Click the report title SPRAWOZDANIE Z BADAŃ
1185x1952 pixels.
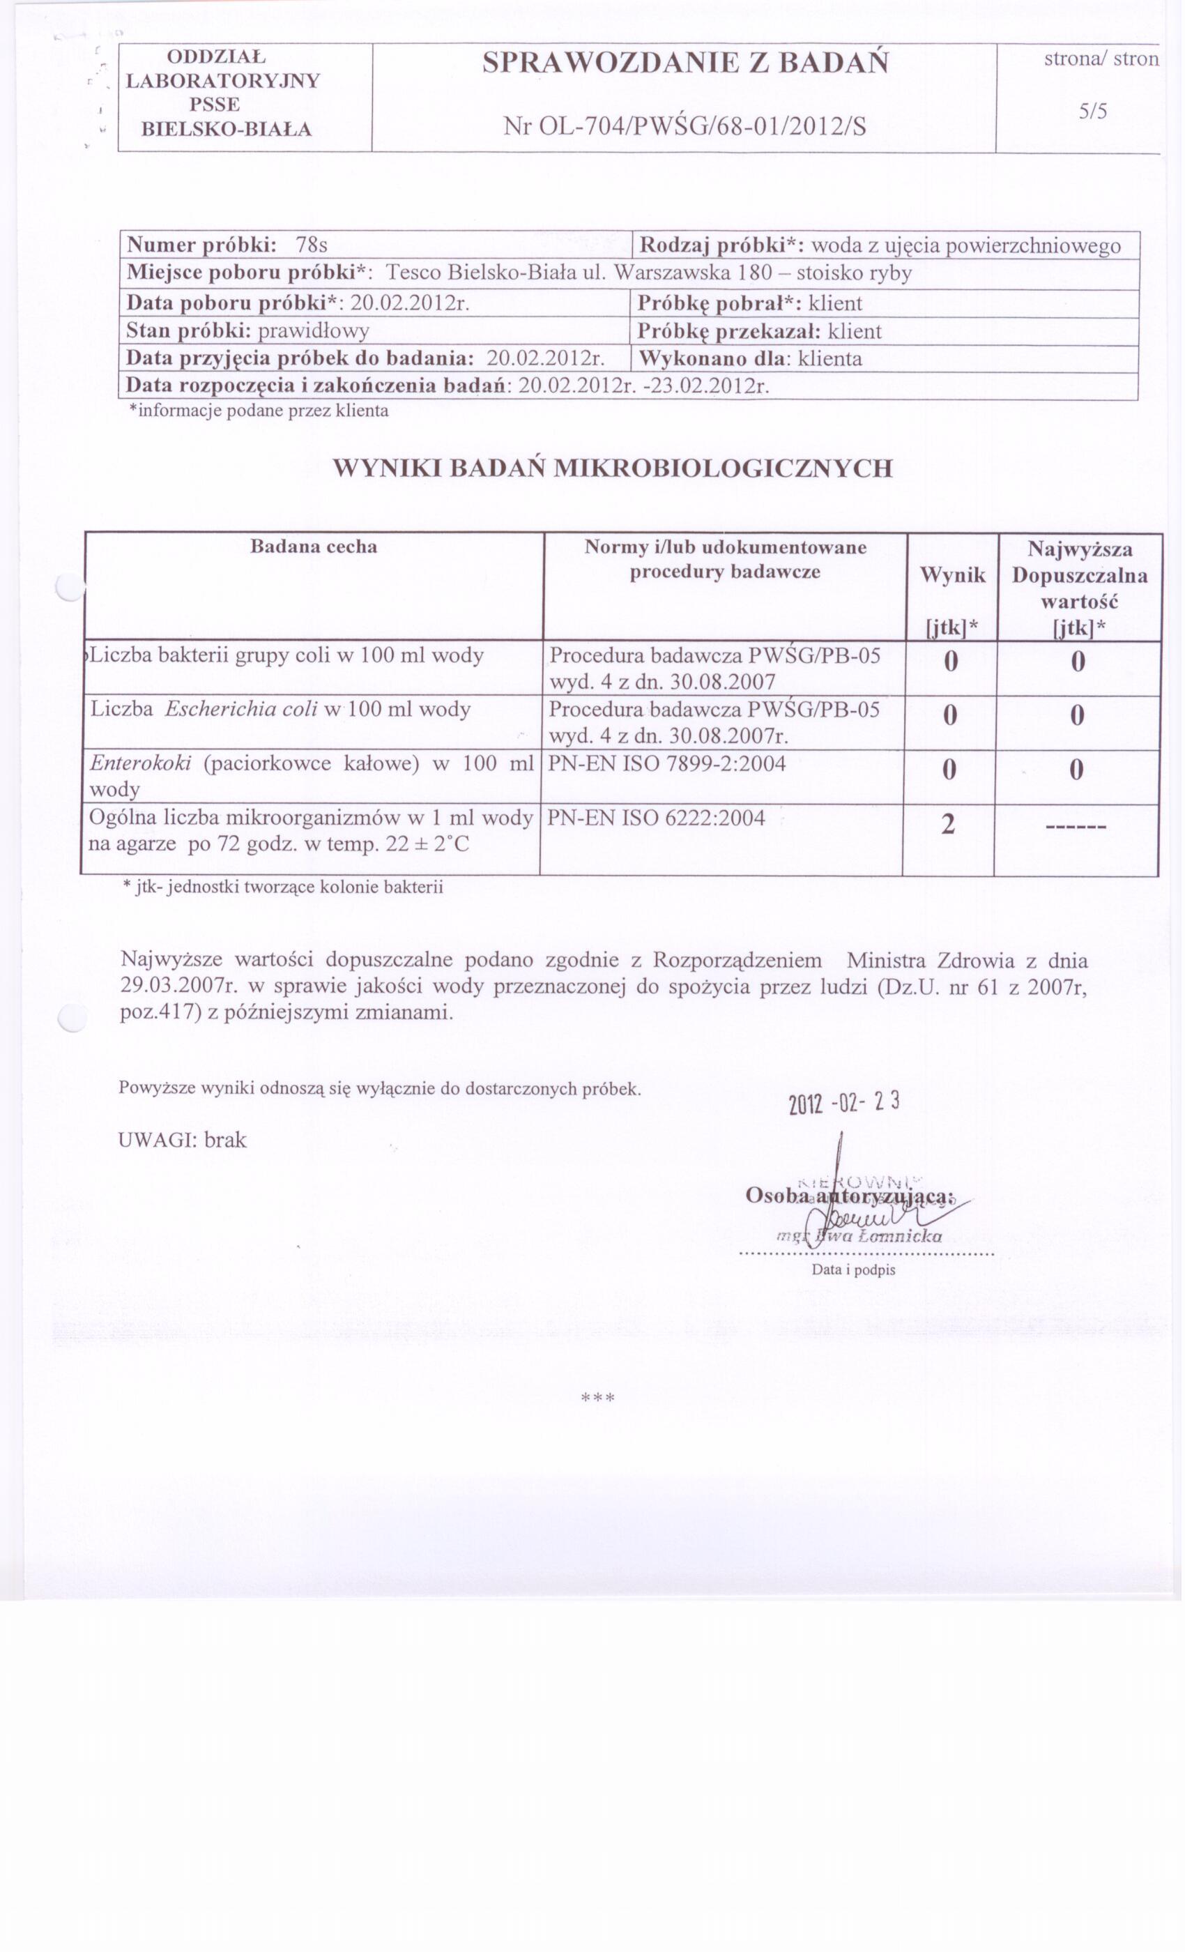coord(685,63)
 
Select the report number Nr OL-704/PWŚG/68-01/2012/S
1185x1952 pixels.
coord(685,126)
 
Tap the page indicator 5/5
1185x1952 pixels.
coord(1092,112)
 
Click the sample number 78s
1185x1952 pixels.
coord(312,245)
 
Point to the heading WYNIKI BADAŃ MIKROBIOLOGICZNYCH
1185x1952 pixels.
coord(612,468)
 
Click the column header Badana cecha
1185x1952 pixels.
coord(314,547)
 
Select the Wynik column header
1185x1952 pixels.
coord(952,575)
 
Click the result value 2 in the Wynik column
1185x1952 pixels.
coord(948,825)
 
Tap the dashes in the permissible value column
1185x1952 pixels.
coord(1076,828)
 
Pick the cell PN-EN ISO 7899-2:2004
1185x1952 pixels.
coord(667,763)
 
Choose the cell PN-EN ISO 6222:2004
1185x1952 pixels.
coord(656,818)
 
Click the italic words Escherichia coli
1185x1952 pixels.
coord(240,709)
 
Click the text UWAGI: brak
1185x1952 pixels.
coord(182,1140)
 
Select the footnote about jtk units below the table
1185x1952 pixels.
coord(283,887)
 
